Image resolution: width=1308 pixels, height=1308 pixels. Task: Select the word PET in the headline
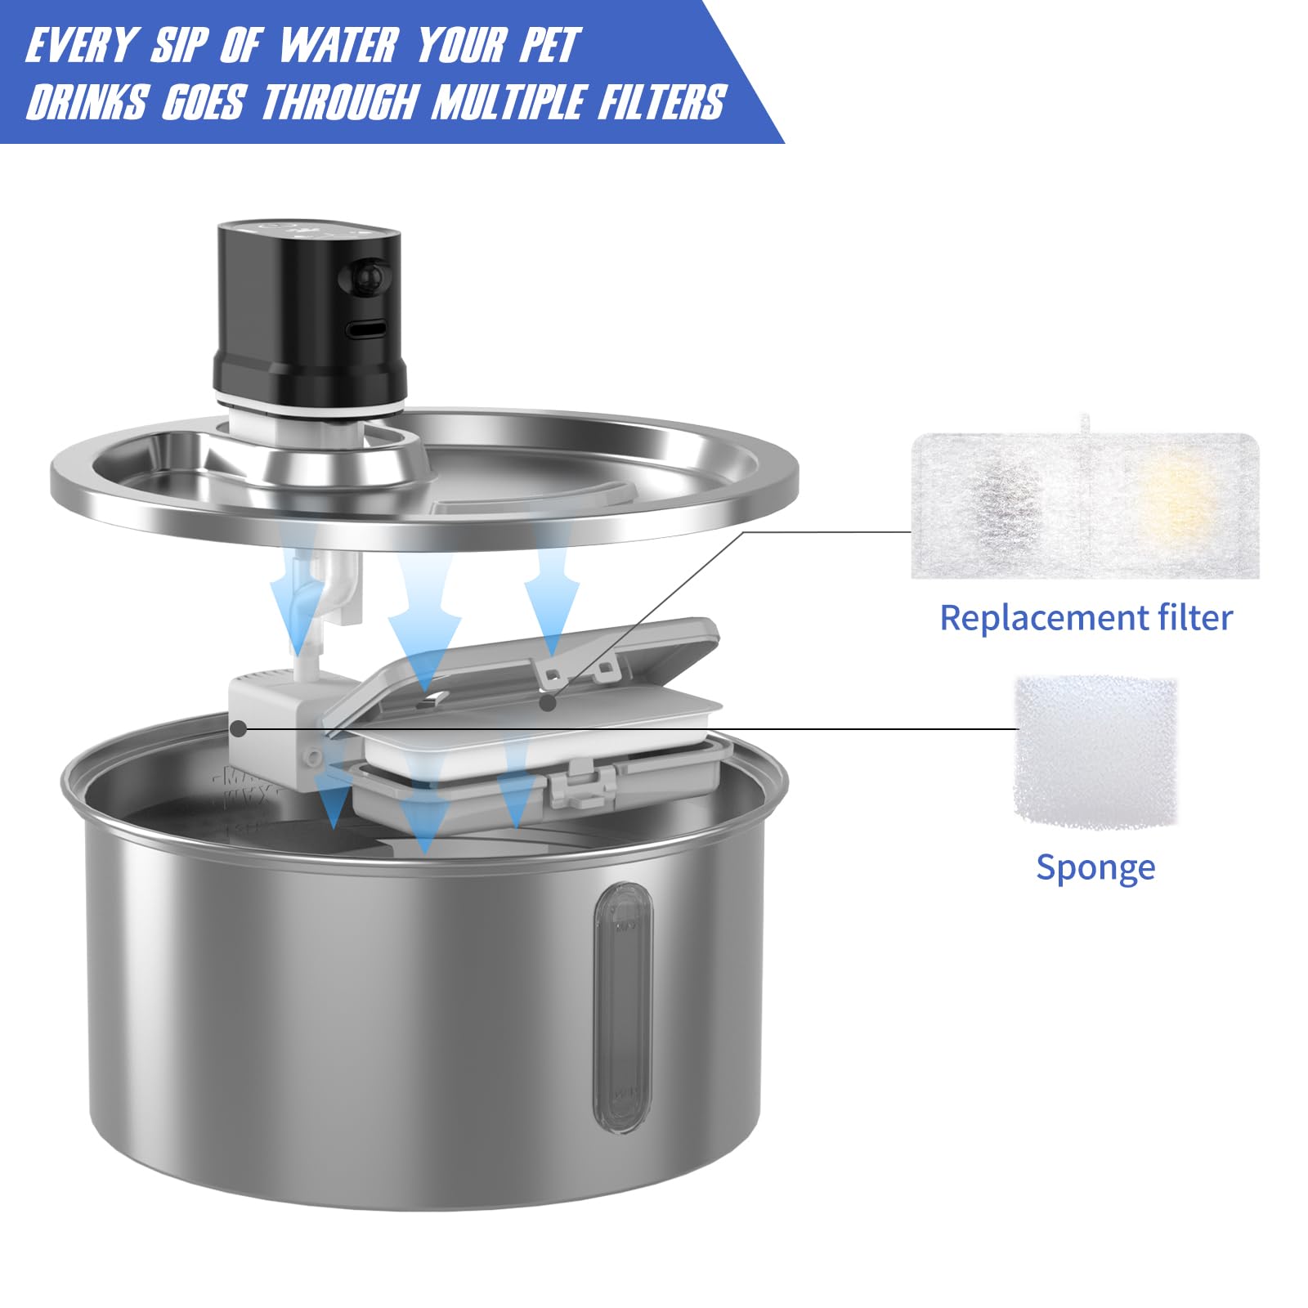pyautogui.click(x=549, y=45)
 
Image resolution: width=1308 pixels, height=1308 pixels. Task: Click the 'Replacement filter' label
pyautogui.click(x=1086, y=617)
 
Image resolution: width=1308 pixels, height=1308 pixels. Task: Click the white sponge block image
pyautogui.click(x=1095, y=751)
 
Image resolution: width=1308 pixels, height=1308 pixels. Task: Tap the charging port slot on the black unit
pyautogui.click(x=365, y=329)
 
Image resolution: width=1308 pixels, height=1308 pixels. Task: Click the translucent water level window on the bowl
pyautogui.click(x=624, y=1007)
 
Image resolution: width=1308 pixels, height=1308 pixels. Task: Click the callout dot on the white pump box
pyautogui.click(x=238, y=727)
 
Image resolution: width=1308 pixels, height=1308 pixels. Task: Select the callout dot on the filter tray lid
pyautogui.click(x=551, y=701)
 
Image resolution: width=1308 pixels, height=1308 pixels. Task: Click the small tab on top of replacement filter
pyautogui.click(x=1085, y=424)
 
